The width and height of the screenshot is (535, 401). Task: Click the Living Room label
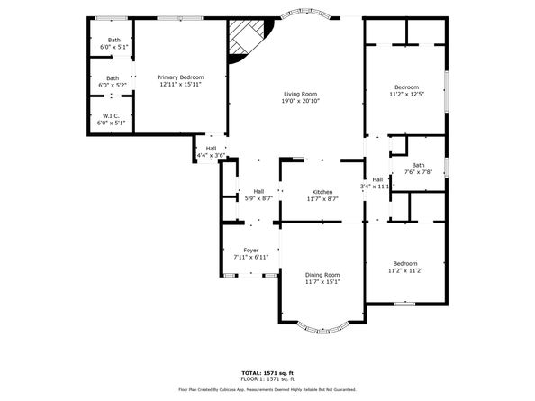[x=301, y=94]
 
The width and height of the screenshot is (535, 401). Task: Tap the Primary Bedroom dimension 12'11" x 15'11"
[x=180, y=85]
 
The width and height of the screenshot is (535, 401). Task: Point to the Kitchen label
[x=323, y=191]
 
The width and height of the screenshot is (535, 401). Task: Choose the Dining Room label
[x=322, y=274]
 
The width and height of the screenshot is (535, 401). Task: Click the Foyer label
[x=250, y=250]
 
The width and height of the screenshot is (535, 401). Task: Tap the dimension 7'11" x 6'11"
[x=250, y=258]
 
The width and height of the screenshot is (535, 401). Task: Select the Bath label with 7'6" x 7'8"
[x=418, y=165]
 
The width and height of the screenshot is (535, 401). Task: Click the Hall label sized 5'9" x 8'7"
[x=258, y=191]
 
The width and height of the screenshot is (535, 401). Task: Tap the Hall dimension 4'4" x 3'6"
[x=211, y=155]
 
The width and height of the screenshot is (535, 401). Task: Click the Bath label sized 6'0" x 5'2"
[x=113, y=77]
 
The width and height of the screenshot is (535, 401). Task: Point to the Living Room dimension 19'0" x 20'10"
[x=301, y=101]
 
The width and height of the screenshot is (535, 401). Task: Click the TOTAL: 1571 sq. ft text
[x=267, y=372]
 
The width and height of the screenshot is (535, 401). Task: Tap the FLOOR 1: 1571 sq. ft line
[x=267, y=378]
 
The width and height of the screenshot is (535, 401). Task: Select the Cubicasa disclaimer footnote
[x=267, y=390]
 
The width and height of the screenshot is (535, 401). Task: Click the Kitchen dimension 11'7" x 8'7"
[x=323, y=198]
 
